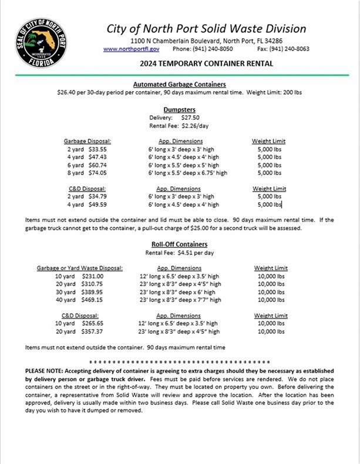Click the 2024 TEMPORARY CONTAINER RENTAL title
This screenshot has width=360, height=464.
pos(206,63)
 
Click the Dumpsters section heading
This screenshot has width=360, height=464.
pos(179,109)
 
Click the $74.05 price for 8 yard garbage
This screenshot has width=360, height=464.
pos(95,173)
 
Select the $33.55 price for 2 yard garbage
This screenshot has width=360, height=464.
pos(95,149)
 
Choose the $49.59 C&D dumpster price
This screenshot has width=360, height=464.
pos(95,205)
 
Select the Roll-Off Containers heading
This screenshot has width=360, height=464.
pos(179,244)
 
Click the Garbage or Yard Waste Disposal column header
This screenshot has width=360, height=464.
pos(79,268)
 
